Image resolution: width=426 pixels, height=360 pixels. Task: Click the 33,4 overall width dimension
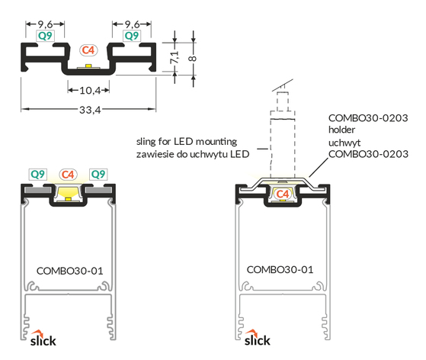(x=90, y=110)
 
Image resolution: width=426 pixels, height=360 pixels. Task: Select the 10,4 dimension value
(x=90, y=90)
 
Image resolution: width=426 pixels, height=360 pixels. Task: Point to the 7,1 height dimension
(x=175, y=57)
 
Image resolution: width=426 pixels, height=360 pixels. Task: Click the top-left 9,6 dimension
(x=46, y=24)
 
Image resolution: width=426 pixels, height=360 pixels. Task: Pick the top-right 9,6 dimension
(x=132, y=24)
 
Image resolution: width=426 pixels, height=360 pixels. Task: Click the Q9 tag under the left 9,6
(x=46, y=36)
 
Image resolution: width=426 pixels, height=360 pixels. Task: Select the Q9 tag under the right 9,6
(x=132, y=36)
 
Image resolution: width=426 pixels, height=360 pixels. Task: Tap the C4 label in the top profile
(x=88, y=50)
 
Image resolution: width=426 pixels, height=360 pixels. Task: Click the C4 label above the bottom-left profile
(x=68, y=175)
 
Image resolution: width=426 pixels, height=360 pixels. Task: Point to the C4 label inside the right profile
(x=282, y=194)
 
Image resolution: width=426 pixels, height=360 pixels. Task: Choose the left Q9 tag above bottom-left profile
(x=38, y=175)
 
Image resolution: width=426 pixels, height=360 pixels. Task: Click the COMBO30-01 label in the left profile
(x=70, y=271)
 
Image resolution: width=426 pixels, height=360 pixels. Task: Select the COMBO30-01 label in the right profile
(x=280, y=270)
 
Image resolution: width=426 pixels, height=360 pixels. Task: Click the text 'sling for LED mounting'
(x=187, y=142)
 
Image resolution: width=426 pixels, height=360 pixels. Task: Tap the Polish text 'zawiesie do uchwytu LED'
(x=193, y=154)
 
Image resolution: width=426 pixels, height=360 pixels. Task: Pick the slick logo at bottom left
(x=43, y=339)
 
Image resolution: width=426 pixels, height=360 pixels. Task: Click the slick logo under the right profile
(x=258, y=338)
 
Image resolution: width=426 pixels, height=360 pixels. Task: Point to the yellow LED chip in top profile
(x=88, y=66)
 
